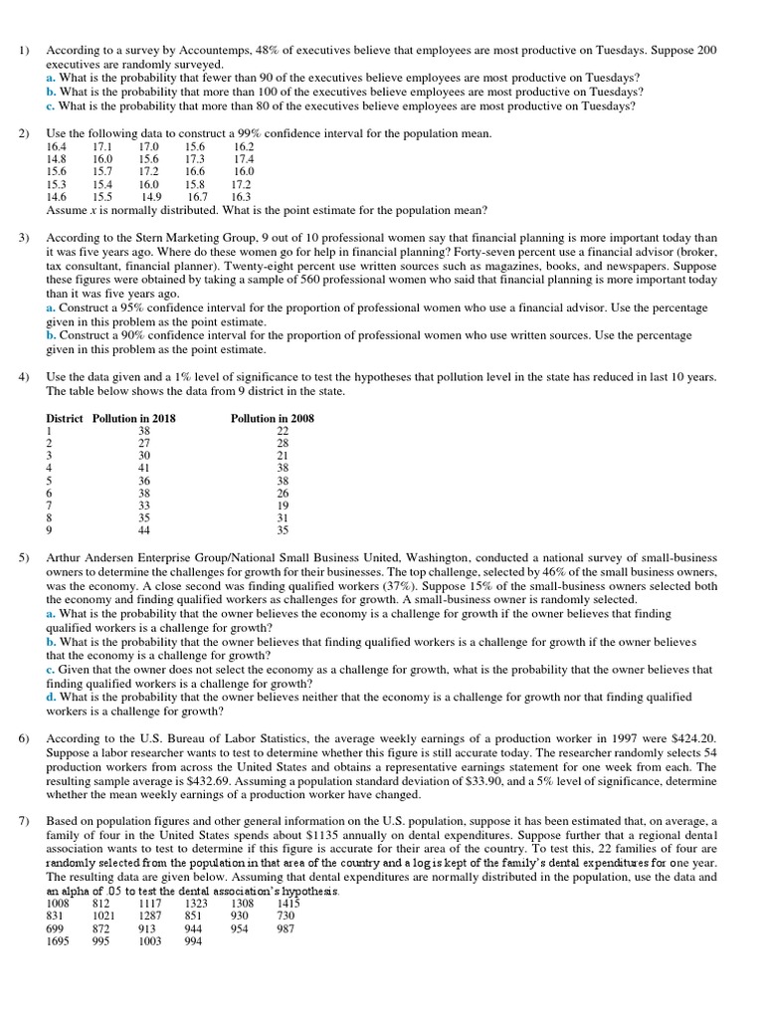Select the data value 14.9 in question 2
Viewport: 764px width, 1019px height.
tap(151, 197)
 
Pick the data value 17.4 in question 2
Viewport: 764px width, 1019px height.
tap(243, 159)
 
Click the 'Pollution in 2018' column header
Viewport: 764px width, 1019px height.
tap(134, 419)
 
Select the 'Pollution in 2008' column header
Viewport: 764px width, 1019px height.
tap(272, 419)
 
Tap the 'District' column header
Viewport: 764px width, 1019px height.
tap(67, 419)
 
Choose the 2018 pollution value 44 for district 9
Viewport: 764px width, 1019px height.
tap(143, 530)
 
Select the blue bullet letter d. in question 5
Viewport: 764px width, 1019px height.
tap(52, 698)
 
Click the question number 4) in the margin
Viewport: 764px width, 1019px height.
tap(25, 377)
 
